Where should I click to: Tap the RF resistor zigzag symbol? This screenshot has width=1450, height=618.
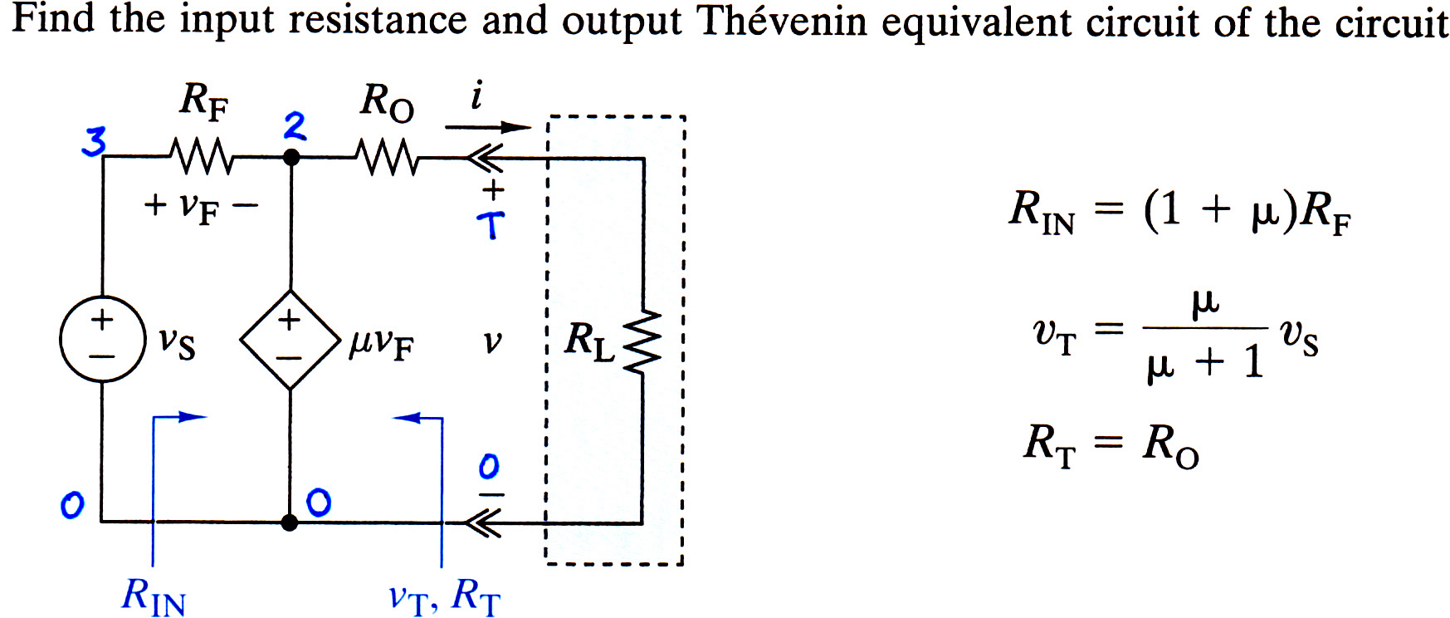[x=202, y=156]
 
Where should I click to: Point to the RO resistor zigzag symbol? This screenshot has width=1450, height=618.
[x=387, y=156]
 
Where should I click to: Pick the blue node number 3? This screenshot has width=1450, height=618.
[x=94, y=142]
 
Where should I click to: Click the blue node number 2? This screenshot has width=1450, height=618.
[x=295, y=126]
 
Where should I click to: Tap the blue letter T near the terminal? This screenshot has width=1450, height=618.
[x=491, y=224]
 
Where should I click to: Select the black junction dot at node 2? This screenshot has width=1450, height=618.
[x=290, y=156]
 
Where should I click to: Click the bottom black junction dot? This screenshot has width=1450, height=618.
[x=290, y=522]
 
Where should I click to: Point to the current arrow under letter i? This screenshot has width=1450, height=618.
[x=488, y=127]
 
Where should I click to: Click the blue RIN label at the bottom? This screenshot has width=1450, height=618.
[x=154, y=596]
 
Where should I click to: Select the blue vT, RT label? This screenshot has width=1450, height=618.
[x=445, y=596]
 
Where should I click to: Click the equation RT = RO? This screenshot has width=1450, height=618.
[x=1111, y=445]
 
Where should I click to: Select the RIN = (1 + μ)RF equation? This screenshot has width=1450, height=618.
[x=1179, y=211]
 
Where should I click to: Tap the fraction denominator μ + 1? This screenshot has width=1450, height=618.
[x=1205, y=362]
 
